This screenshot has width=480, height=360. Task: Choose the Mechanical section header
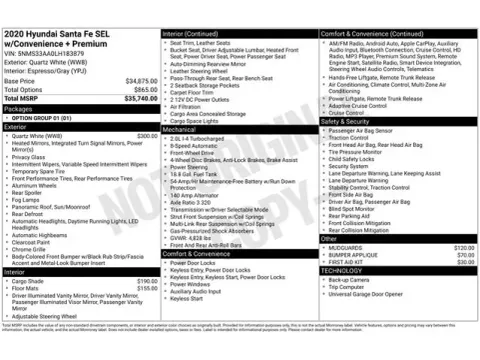coord(180,130)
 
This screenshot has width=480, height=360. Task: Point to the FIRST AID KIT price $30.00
coord(465,262)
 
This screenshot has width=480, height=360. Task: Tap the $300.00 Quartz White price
coord(147,135)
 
